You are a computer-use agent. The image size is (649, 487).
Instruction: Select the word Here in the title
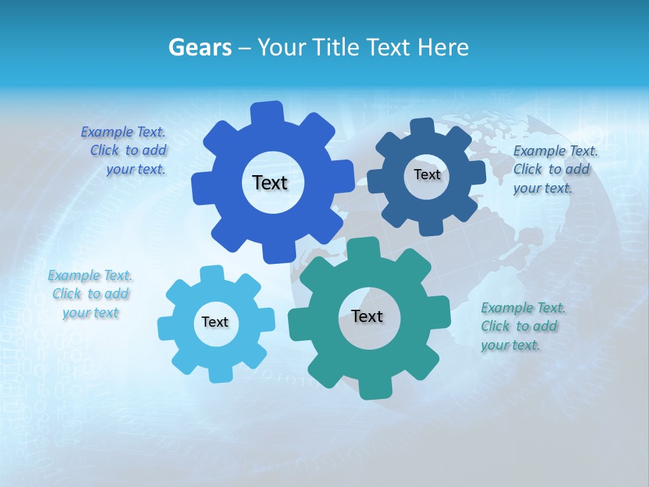tap(443, 47)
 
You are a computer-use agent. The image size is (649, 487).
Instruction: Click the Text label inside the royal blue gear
tap(270, 183)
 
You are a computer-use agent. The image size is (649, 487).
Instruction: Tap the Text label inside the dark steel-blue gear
tap(427, 175)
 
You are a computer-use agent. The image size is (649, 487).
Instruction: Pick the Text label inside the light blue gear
tap(215, 322)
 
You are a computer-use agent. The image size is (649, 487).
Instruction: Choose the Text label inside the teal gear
tap(367, 316)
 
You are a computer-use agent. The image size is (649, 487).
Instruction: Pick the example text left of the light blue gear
tap(91, 294)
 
